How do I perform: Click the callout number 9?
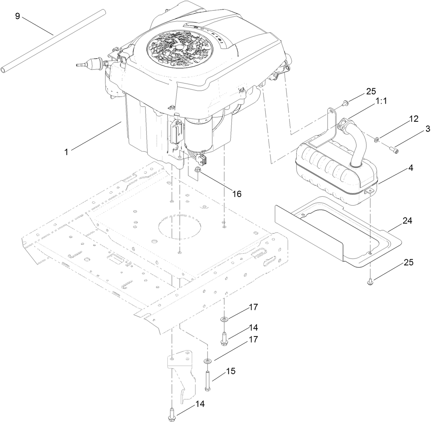[x=17, y=17]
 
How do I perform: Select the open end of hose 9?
[x=5, y=70]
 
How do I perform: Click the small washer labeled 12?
[x=376, y=139]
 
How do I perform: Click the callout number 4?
[x=410, y=168]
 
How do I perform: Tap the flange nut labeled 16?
[x=198, y=170]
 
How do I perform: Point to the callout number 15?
[x=231, y=372]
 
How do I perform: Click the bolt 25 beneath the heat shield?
[x=371, y=281]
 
